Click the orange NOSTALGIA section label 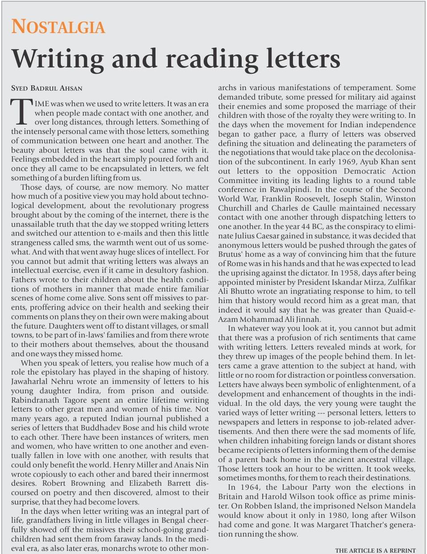click(x=58, y=27)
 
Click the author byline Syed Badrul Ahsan click(x=46, y=88)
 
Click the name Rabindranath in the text click(x=34, y=400)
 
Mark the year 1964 click(x=250, y=487)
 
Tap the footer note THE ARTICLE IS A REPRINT click(x=375, y=550)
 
